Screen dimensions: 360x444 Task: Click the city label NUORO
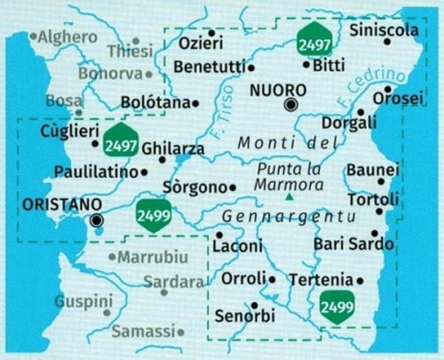(x=277, y=91)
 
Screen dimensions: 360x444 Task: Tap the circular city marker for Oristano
(x=97, y=220)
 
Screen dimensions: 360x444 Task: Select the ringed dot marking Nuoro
(x=290, y=106)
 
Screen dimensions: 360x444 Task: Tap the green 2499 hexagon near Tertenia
(x=337, y=308)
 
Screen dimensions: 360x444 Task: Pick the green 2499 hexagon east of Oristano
(x=154, y=215)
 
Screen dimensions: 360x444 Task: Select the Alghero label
(x=68, y=36)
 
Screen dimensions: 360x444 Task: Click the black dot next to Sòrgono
(x=232, y=188)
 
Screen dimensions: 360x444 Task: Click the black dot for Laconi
(x=218, y=235)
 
